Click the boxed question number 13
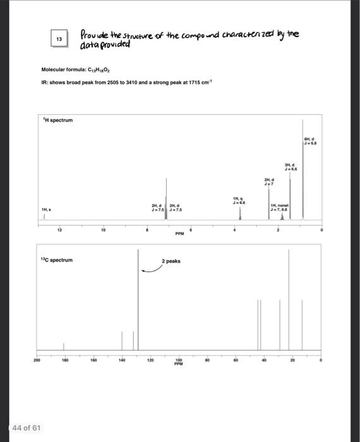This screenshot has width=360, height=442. pos(59,39)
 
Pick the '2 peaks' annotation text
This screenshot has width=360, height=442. pos(171,261)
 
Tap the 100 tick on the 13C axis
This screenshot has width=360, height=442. pos(179,361)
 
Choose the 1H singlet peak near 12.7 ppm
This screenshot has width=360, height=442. pos(44,216)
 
